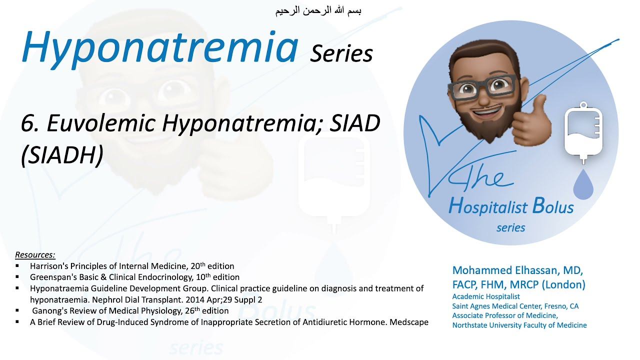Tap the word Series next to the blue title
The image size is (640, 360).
tap(341, 53)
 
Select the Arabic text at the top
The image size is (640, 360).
tap(318, 10)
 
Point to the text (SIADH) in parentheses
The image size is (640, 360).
tap(62, 156)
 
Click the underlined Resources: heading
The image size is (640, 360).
tap(35, 255)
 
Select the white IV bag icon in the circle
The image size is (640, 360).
tap(582, 131)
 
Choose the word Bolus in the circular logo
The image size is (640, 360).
tap(553, 205)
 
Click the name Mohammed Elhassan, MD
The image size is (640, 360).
tap(517, 270)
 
